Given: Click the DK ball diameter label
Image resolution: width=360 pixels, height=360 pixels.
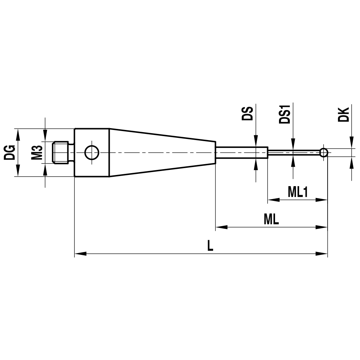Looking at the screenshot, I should coord(344,114).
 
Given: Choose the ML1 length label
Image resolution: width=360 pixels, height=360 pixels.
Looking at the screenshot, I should coord(297,192).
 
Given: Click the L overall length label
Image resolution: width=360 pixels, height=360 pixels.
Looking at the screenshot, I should coord(210,246).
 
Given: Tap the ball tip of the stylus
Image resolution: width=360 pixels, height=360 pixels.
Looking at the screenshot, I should coord(324,153).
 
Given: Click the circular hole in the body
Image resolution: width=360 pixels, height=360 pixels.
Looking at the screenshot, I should coord(91,153).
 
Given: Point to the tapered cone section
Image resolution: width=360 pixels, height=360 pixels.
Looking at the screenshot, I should coord(162,153).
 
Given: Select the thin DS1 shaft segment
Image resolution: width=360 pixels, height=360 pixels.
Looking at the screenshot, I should coord(293,153).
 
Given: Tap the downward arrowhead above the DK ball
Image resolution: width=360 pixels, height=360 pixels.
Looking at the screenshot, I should coord(351,143).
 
